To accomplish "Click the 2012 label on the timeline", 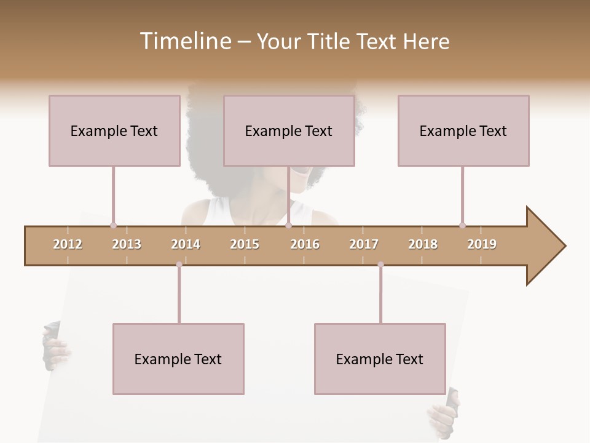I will coord(68,244).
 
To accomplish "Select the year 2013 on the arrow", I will coord(127,244).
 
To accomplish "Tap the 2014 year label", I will coord(186,244).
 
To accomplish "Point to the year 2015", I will coord(245,244).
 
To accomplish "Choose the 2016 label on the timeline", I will coord(305,244).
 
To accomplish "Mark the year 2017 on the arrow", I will coord(364,244).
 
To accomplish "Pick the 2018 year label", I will coord(423,244).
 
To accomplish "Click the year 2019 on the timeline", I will coord(482,244).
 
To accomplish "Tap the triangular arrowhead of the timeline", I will coord(544,246).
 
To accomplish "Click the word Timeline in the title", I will coord(185,41).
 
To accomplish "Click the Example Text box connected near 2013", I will coord(114,131).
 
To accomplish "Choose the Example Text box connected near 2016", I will coord(289,131).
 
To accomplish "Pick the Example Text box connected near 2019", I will coord(463,131).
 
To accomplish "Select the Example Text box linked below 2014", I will coord(178,359).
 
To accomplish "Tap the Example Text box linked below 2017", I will coord(380,359).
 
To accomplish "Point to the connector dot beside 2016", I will coord(289,226).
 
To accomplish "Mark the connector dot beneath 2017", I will coord(380,265).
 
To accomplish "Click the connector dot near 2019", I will coord(462,225).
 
